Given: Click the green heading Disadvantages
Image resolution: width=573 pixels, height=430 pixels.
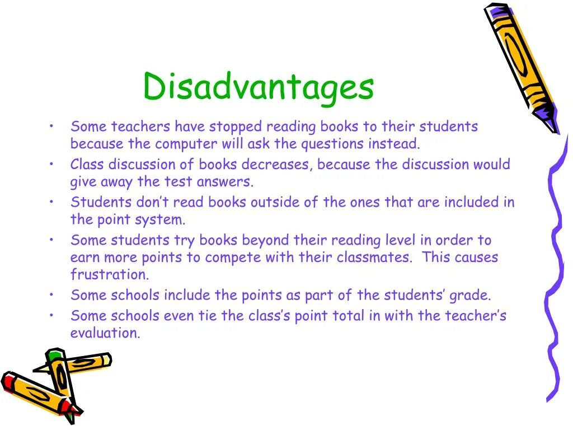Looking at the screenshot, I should click(x=258, y=87).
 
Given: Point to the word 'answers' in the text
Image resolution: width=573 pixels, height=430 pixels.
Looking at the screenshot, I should click(x=231, y=182).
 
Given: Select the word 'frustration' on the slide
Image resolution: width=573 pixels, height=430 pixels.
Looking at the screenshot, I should click(x=110, y=275).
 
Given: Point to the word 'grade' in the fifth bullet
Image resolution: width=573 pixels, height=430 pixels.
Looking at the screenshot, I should click(x=472, y=295).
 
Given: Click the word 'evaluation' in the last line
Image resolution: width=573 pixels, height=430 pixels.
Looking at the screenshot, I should click(x=105, y=333).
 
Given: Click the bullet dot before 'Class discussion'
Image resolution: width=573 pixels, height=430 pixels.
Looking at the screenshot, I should click(x=51, y=163).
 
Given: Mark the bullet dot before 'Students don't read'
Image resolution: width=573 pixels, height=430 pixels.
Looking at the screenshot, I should click(x=51, y=201).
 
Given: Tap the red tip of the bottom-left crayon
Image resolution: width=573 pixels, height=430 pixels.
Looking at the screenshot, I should click(x=8, y=381).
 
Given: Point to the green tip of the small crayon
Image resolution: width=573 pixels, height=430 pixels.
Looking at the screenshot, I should click(x=54, y=354).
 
